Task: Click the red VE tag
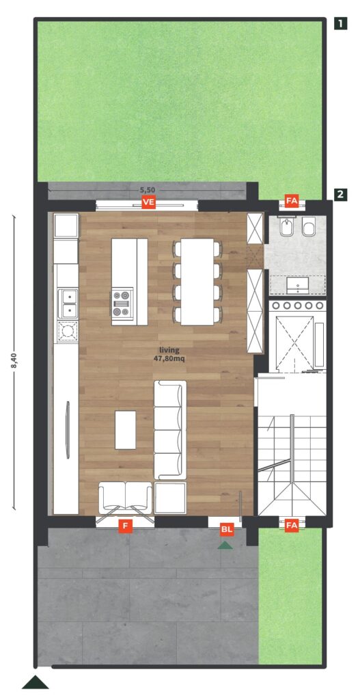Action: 148,202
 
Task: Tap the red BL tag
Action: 227,530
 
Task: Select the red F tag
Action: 126,526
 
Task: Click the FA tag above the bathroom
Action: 292,201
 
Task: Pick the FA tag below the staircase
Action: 292,526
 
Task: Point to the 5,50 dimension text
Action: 148,190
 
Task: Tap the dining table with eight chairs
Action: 197,282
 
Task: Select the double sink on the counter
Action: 68,304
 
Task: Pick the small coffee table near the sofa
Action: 126,430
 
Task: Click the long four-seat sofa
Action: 170,430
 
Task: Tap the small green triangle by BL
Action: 225,545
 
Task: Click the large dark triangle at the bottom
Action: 36,682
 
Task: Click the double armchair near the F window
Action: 126,497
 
